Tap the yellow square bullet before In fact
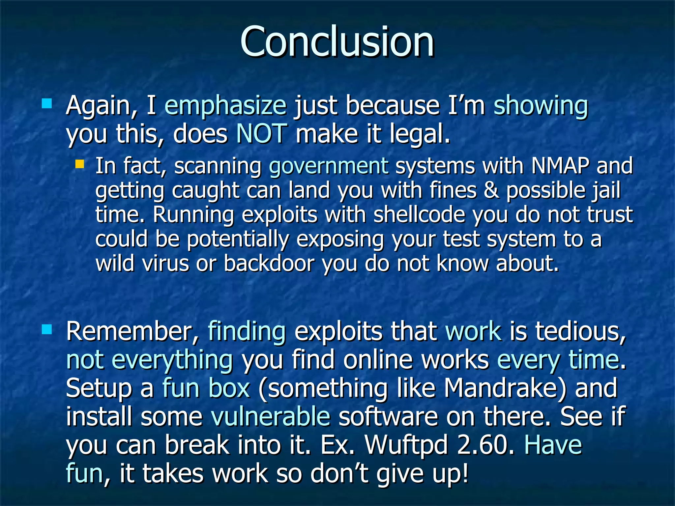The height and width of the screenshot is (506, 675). [79, 164]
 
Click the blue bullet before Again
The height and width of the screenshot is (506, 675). [47, 104]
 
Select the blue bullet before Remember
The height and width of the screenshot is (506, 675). [47, 329]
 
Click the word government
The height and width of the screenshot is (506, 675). [329, 166]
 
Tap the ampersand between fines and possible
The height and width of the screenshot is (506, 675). [491, 190]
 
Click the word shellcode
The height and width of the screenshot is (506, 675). [419, 215]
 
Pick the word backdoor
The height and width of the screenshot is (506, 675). [269, 264]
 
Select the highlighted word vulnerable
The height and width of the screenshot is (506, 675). [270, 416]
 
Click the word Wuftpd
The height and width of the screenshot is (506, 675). [406, 445]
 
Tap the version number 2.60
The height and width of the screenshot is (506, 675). [485, 445]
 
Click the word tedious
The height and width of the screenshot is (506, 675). [580, 331]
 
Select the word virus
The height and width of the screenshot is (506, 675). [165, 264]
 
